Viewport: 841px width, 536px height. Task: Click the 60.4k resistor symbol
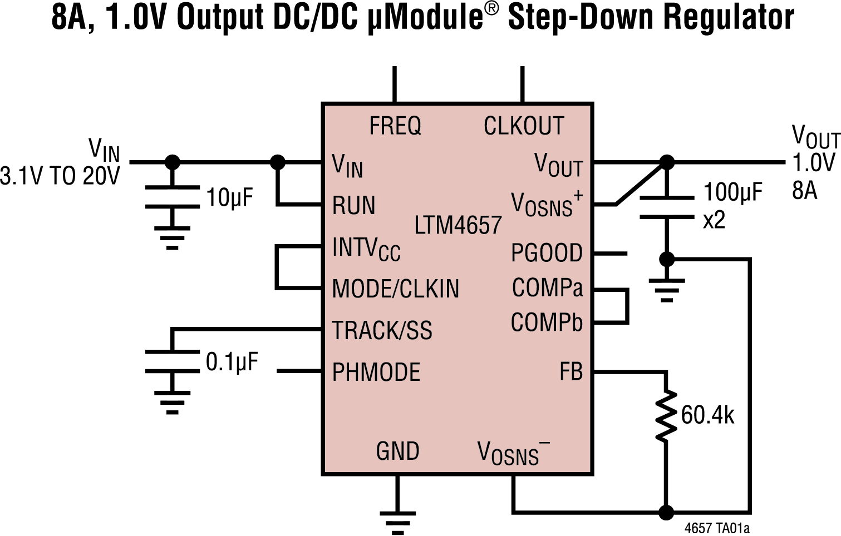click(x=666, y=416)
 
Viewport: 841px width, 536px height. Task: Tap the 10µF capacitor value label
click(x=229, y=197)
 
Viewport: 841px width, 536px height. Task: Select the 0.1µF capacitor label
click(x=232, y=362)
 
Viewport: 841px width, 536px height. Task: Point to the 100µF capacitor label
click(x=732, y=192)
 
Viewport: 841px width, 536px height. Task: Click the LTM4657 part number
click(x=458, y=226)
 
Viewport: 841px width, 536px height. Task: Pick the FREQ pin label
click(x=395, y=126)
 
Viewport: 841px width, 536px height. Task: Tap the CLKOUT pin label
click(x=523, y=126)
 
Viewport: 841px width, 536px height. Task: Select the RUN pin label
click(x=353, y=206)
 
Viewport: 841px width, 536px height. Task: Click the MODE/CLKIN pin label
click(x=395, y=289)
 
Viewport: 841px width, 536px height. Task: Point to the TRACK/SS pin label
click(x=382, y=331)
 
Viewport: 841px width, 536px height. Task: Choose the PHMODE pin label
click(x=376, y=373)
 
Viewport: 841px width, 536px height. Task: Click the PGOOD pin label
click(x=547, y=254)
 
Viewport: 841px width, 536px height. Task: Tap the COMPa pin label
click(x=547, y=288)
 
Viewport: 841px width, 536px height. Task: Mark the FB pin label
click(x=570, y=372)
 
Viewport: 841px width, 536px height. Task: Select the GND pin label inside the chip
click(x=397, y=451)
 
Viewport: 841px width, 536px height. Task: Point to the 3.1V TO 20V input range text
click(x=60, y=176)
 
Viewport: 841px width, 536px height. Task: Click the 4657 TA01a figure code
click(x=717, y=528)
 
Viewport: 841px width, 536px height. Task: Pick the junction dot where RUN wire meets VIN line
click(x=277, y=162)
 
